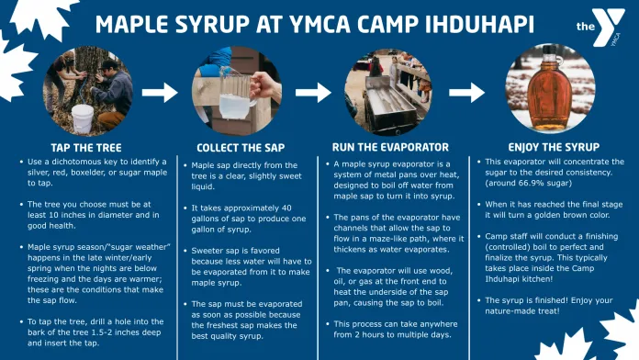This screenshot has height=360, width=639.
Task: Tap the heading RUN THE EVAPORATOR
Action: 390,147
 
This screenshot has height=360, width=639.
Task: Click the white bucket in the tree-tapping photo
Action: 84,117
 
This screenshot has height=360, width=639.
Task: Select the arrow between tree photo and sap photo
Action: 160,92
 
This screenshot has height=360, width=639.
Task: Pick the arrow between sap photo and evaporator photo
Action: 311,92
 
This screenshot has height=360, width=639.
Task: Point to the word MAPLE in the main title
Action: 137,23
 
